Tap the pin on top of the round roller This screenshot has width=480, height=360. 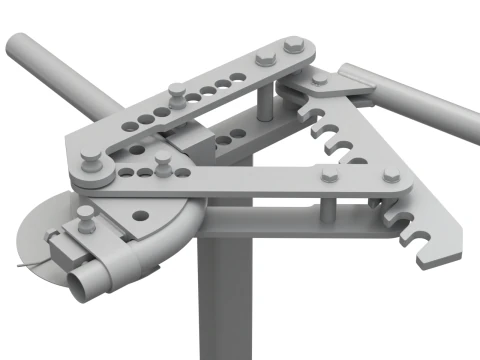pos(90,156)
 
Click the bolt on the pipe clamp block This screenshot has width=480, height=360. pos(85,221)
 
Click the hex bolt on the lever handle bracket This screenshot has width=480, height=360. pos(319,78)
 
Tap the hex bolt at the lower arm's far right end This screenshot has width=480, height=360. pos(391,175)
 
